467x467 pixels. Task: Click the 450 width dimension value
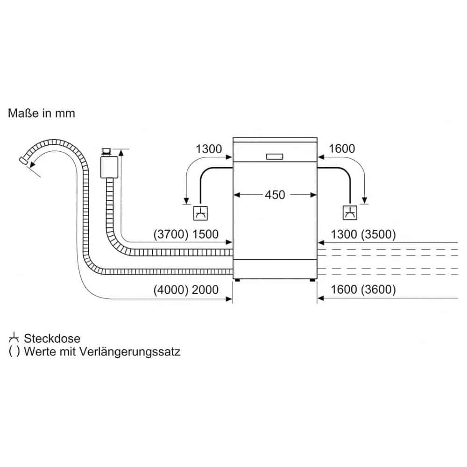[275, 195]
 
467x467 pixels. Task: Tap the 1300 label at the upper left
[208, 149]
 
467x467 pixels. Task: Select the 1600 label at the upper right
[342, 149]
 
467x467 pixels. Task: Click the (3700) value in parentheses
[170, 234]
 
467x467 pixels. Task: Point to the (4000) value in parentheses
[170, 290]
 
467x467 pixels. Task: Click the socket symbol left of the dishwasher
[201, 213]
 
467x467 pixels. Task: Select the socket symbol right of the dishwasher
[350, 213]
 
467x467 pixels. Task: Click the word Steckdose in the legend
[52, 339]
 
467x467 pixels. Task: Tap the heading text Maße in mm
[42, 113]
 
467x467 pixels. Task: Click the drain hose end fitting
[22, 161]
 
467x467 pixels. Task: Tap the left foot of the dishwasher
[238, 281]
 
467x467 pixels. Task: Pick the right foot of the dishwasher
[311, 281]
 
